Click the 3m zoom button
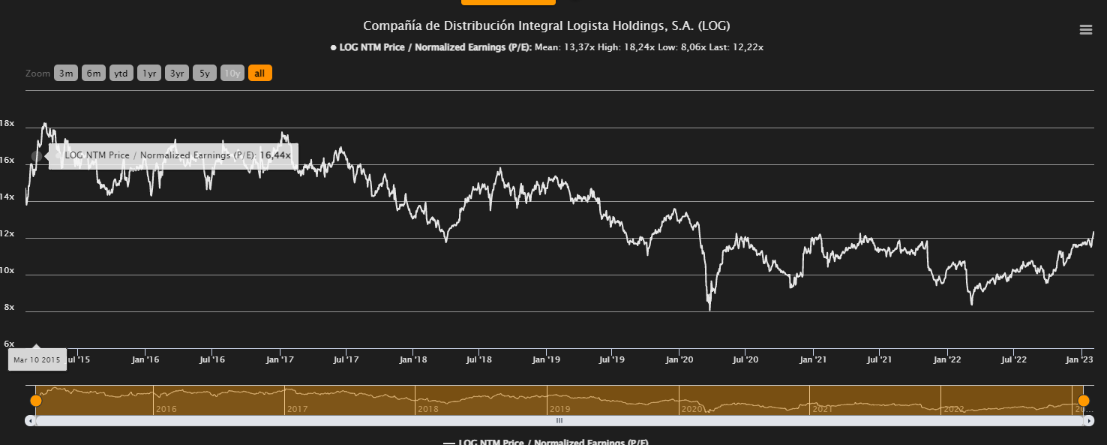[x=66, y=74]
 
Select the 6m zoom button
[x=94, y=74]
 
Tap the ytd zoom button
[x=121, y=74]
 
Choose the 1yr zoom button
[x=149, y=74]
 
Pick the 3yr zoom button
[x=177, y=74]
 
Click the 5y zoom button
[x=205, y=74]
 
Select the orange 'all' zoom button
[x=259, y=74]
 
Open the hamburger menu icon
[x=1085, y=30]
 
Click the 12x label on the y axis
[x=7, y=234]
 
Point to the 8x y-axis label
[x=9, y=308]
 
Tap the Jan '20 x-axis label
[x=679, y=360]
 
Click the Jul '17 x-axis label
[x=346, y=360]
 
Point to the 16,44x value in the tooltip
[x=275, y=155]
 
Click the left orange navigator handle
[x=35, y=401]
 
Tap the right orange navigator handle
[x=1084, y=401]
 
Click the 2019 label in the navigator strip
[x=559, y=410]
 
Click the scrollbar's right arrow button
[x=1088, y=421]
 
